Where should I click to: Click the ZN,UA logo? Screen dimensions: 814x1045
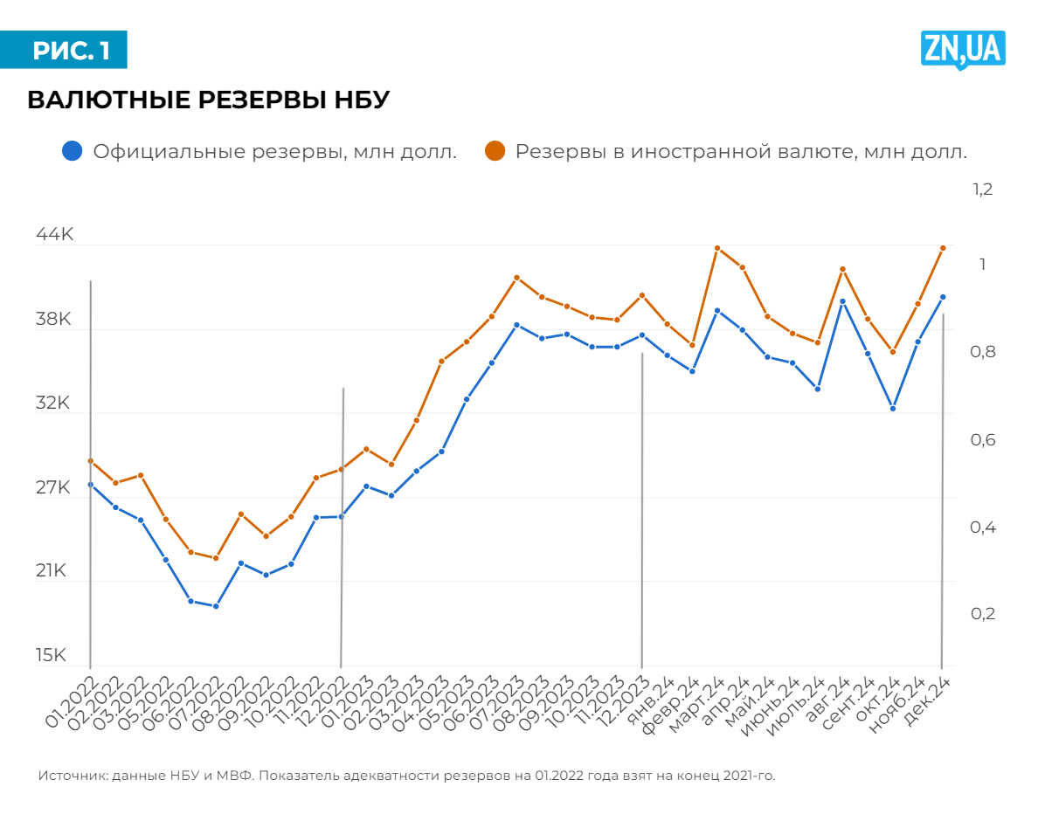click(963, 49)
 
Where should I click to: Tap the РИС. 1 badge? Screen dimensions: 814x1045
click(71, 51)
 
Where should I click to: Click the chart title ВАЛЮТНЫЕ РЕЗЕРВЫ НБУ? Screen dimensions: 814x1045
click(208, 100)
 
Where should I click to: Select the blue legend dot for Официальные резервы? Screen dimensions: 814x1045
click(73, 151)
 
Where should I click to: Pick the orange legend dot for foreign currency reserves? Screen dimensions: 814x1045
click(495, 151)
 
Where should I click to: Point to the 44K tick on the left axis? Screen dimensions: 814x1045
click(53, 235)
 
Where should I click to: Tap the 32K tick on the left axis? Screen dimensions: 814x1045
click(53, 404)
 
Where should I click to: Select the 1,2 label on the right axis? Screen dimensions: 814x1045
click(983, 190)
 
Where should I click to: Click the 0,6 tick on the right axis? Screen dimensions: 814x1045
click(983, 440)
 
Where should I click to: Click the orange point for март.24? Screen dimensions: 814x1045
click(717, 248)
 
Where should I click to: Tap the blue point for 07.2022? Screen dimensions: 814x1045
click(216, 606)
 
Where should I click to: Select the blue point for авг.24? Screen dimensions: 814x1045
click(843, 301)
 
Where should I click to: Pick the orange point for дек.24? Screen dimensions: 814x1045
click(943, 248)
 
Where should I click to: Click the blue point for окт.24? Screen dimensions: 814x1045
click(893, 409)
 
